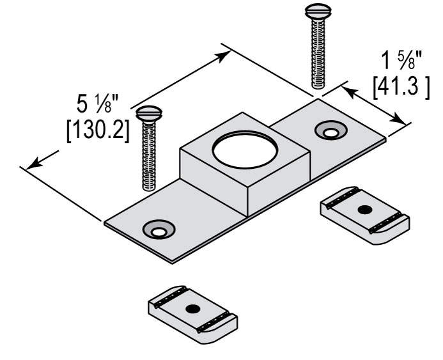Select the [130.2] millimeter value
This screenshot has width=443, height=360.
coord(98,130)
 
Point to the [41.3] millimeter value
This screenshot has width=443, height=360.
coord(400,86)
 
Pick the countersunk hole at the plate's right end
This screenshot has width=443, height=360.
coord(330,132)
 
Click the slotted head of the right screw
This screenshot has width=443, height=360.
coord(316,11)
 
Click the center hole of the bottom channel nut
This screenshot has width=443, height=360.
coord(190,309)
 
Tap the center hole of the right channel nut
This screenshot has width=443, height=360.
coord(364,210)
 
